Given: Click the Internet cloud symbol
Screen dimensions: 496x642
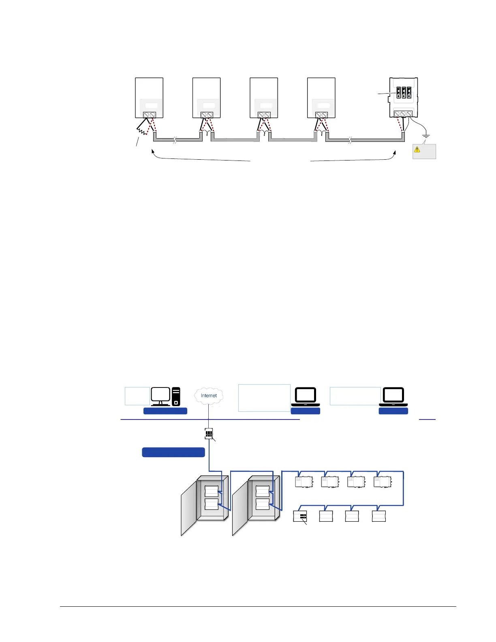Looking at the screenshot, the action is tap(209, 396).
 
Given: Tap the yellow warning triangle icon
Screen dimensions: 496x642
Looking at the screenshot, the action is tap(417, 150).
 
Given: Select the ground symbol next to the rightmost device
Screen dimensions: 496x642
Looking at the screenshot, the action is tap(425, 137).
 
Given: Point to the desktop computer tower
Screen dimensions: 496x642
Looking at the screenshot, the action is tap(176, 396).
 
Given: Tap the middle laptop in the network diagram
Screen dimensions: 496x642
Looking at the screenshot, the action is tap(306, 396).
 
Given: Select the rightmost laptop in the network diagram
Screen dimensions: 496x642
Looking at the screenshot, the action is tap(393, 396).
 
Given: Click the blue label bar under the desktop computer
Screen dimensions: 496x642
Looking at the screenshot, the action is tap(165, 411).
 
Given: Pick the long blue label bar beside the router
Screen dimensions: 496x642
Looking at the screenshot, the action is tap(173, 452).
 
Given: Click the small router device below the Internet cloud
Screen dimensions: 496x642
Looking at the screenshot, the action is tap(209, 434).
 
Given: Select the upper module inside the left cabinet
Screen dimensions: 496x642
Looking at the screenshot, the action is tap(212, 491).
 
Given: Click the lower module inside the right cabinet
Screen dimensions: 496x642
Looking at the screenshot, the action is tap(263, 504).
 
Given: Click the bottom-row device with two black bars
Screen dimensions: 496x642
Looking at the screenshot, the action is tap(300, 516).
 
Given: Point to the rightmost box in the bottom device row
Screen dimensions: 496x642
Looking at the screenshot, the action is tap(378, 516).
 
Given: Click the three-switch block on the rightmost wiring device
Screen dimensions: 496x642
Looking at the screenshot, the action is tap(404, 93).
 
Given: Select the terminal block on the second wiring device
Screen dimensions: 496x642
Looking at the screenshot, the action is tap(207, 115).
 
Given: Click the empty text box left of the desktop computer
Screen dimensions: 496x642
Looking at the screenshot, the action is tap(137, 396).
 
